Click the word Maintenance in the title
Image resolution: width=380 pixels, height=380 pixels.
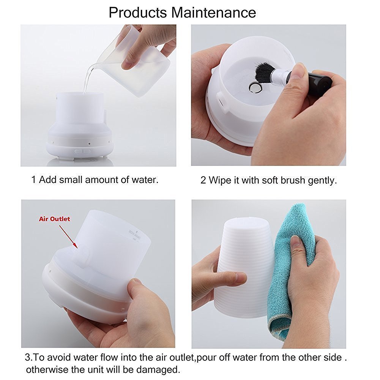tap(213, 13)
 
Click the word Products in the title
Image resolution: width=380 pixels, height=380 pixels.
tap(138, 13)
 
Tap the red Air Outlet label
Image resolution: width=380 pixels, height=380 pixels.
tap(54, 219)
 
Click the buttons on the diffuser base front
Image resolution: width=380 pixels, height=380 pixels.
tap(83, 151)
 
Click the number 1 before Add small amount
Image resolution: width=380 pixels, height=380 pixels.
tap(33, 180)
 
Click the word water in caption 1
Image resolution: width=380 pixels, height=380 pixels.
tap(144, 180)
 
